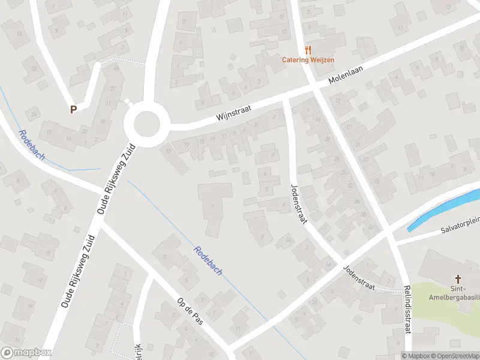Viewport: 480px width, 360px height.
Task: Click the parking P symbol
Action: [73, 109]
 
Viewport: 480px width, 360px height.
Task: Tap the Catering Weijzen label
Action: [309, 59]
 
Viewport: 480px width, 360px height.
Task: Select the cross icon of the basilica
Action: [458, 278]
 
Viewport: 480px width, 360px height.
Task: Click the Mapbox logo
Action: [26, 353]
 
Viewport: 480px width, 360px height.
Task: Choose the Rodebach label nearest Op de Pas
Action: [208, 260]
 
